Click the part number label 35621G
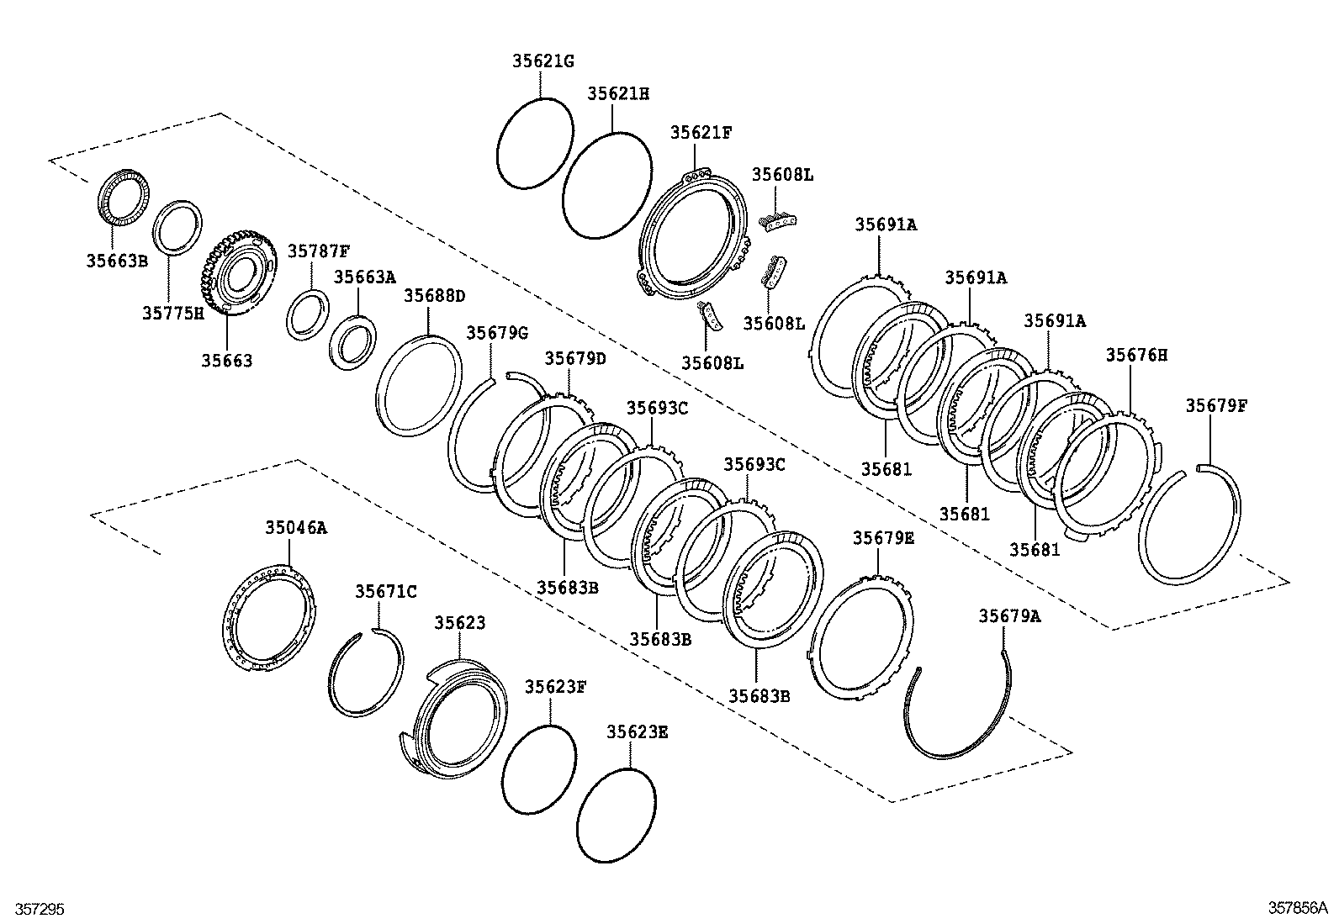(x=542, y=61)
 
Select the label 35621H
(x=617, y=93)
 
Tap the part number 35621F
(x=701, y=132)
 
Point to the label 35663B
(x=116, y=261)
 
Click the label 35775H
(x=172, y=313)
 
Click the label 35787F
(x=318, y=251)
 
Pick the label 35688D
(x=434, y=295)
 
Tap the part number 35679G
(x=497, y=332)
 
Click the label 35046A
(x=296, y=527)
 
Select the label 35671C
(x=385, y=591)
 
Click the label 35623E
(x=637, y=731)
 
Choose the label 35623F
(x=555, y=686)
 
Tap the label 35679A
(x=1008, y=615)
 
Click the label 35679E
(x=882, y=537)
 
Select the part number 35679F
(x=1216, y=405)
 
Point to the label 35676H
(x=1135, y=355)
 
